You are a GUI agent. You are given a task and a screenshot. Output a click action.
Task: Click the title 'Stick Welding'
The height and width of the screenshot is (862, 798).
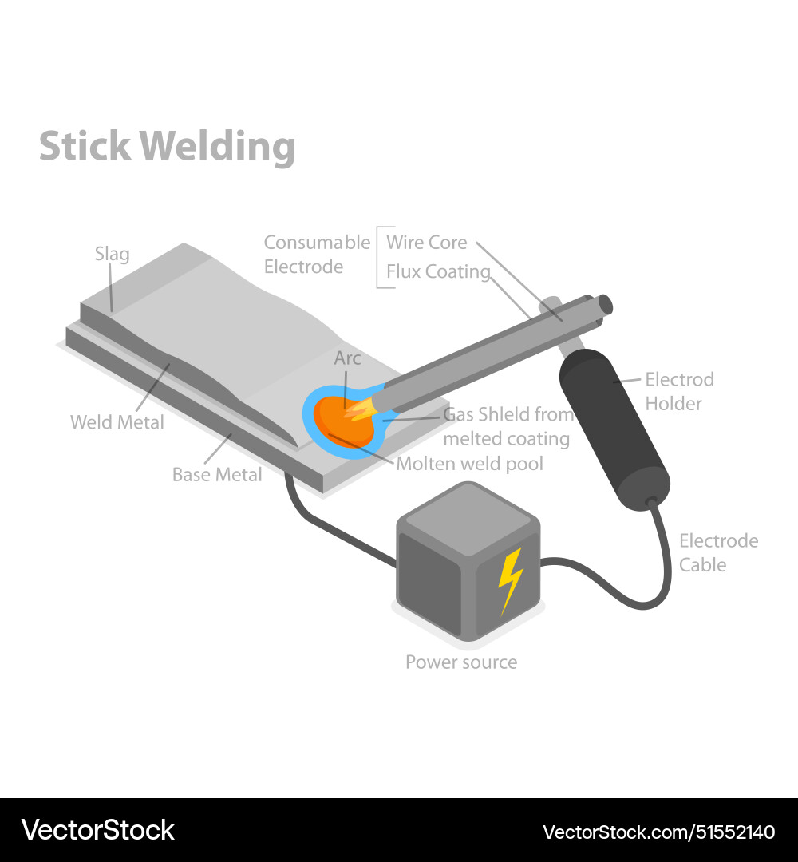pos(167,147)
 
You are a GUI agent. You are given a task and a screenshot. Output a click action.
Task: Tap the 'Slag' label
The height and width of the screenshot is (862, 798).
pos(112,254)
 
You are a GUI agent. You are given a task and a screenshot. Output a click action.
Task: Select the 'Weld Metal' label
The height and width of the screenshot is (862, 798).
pos(117,421)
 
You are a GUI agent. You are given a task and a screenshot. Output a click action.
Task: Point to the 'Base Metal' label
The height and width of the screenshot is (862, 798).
pos(217,475)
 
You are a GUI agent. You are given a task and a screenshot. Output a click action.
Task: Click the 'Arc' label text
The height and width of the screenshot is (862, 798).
pos(347,358)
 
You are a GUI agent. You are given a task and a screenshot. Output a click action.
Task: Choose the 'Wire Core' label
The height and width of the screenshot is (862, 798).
pos(427,242)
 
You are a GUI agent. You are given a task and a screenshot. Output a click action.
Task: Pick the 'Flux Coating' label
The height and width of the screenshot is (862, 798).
pos(438,271)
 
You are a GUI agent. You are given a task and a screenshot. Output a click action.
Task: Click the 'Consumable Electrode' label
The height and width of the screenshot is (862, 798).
pos(317,254)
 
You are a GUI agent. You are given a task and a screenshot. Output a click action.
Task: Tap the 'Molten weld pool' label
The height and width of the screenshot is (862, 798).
pos(469,464)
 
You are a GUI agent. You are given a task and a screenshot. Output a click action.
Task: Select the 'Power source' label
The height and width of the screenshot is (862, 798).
pos(461,662)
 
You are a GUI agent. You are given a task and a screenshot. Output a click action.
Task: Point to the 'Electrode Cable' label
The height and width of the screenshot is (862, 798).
pos(718,552)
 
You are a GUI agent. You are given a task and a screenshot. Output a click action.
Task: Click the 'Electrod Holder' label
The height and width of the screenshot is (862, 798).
pos(679,391)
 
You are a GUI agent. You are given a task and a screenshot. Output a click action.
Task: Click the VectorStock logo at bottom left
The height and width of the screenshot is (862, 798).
pos(97,830)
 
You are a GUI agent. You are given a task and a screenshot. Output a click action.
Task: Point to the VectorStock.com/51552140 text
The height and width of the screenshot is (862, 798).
pos(658,832)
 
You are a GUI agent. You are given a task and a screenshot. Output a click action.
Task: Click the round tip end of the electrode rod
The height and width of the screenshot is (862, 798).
pos(605,304)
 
